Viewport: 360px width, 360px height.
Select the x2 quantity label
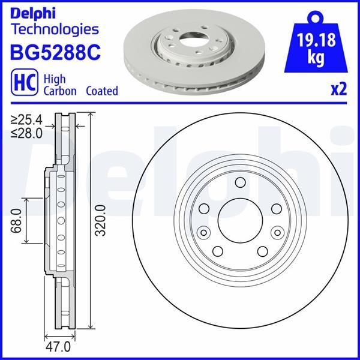pyautogui.click(x=339, y=90)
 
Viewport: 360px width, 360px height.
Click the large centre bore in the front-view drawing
pyautogui.click(x=239, y=220)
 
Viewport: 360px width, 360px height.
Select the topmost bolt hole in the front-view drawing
pyautogui.click(x=239, y=183)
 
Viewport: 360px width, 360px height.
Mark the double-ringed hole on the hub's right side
pyautogui.click(x=277, y=233)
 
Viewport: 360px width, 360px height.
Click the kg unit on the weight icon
pyautogui.click(x=317, y=58)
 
